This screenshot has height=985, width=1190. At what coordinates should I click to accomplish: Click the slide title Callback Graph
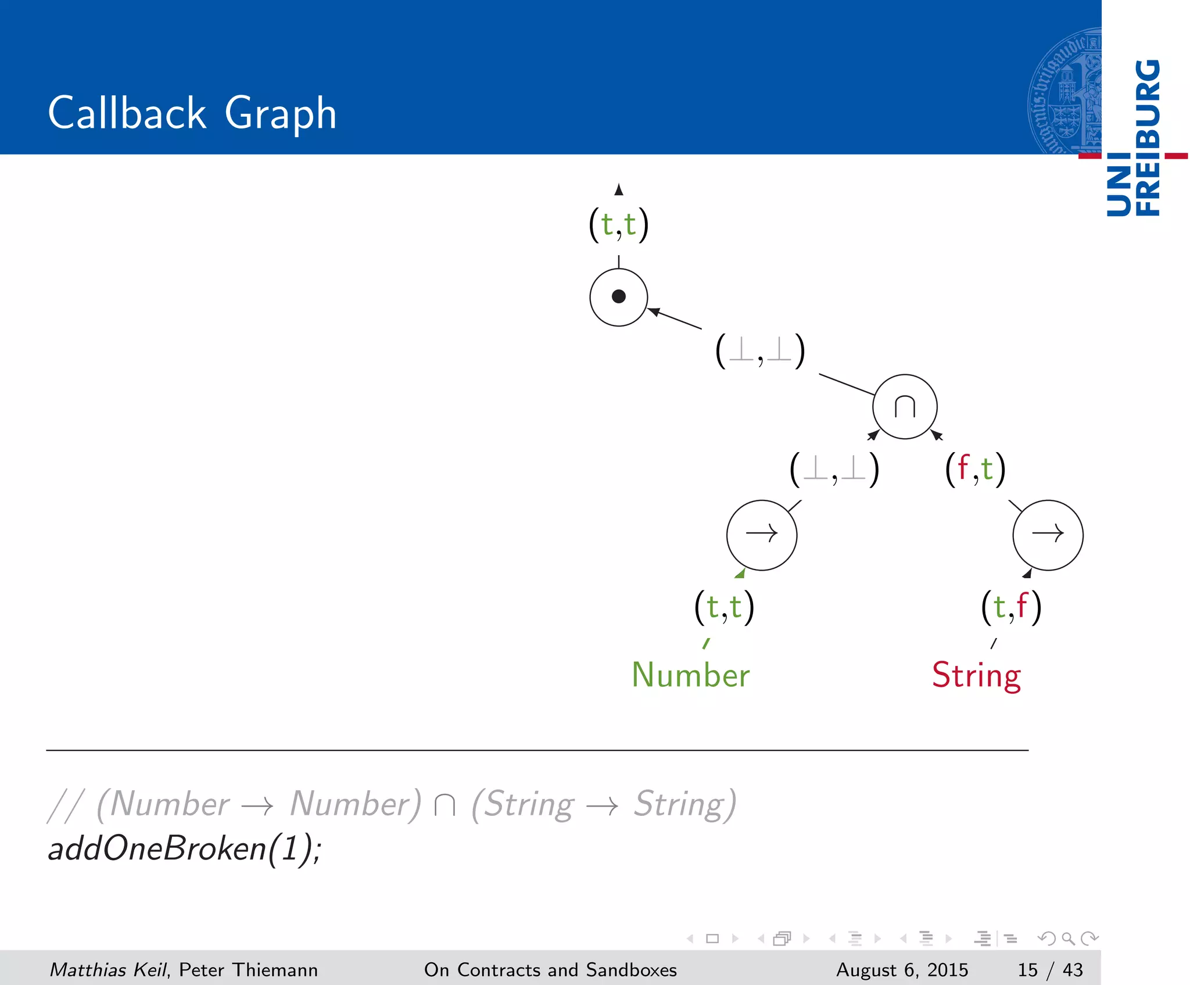[192, 113]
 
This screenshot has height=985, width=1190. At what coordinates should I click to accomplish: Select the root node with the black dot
[618, 297]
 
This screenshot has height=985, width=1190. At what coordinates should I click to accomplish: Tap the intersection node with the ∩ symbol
[905, 407]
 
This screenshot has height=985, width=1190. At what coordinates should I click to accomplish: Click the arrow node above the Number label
[761, 535]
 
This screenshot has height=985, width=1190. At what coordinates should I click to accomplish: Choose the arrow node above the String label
[1048, 535]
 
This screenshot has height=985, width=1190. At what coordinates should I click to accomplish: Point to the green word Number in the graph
[690, 675]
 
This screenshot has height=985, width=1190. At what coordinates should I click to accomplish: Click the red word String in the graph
[976, 675]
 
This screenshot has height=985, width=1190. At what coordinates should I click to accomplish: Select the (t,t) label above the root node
[618, 225]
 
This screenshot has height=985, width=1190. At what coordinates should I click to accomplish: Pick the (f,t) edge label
[975, 469]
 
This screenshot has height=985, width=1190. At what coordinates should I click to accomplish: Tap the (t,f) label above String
[1011, 607]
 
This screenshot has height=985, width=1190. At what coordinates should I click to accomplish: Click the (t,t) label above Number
[724, 607]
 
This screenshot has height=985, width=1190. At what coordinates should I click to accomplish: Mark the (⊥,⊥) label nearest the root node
[760, 351]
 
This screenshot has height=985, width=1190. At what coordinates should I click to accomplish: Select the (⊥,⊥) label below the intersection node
[834, 469]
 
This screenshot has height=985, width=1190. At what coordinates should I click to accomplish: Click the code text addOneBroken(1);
[184, 848]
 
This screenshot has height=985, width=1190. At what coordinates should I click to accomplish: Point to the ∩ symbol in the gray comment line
[445, 805]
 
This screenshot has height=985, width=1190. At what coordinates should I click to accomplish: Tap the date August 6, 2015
[902, 969]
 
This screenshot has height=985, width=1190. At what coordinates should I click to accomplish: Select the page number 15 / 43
[1050, 969]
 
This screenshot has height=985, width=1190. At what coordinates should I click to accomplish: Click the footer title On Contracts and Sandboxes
[550, 969]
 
